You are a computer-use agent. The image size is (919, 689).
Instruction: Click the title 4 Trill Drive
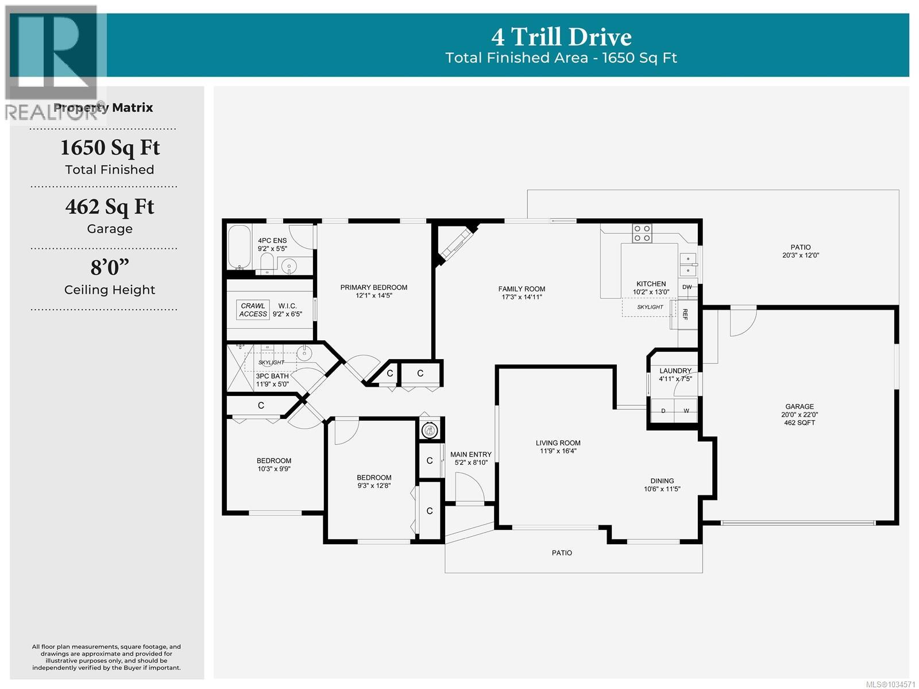click(x=561, y=37)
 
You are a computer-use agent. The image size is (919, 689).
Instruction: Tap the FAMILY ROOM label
click(x=522, y=289)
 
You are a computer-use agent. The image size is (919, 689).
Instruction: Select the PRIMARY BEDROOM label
click(x=373, y=287)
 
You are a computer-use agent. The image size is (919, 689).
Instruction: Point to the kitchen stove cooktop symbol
click(x=642, y=233)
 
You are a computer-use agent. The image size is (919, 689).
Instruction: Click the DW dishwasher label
click(x=686, y=287)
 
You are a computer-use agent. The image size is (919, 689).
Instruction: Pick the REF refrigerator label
click(x=685, y=314)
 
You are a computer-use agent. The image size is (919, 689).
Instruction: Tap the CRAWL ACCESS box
click(x=253, y=310)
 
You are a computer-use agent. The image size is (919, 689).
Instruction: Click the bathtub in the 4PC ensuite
click(x=239, y=247)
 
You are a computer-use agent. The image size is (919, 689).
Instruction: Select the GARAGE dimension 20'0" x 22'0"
click(x=800, y=415)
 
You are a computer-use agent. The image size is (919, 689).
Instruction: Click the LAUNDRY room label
click(x=675, y=371)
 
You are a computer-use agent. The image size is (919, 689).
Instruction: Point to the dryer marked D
click(x=663, y=411)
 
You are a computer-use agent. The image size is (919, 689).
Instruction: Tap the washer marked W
click(x=686, y=411)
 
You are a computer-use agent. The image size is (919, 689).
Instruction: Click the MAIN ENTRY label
click(x=470, y=455)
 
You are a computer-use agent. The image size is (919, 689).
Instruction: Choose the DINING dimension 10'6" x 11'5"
click(x=662, y=489)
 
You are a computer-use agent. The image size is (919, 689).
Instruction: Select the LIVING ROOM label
click(x=558, y=442)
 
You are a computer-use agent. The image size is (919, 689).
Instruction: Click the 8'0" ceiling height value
click(x=110, y=267)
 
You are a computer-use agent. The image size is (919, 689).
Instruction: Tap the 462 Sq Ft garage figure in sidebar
click(x=110, y=207)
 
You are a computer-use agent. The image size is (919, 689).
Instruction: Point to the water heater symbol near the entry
click(x=429, y=430)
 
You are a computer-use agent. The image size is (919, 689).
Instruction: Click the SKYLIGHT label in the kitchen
click(x=650, y=307)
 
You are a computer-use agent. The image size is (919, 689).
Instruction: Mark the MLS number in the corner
click(x=890, y=684)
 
